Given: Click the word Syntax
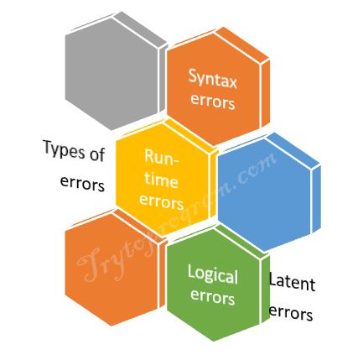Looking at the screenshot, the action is point(213,79).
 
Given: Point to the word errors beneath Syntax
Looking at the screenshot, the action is point(212,102).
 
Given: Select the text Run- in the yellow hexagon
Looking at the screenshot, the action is point(162,158).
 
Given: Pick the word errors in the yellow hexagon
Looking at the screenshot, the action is point(161,201).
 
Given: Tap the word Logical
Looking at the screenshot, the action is point(213,275).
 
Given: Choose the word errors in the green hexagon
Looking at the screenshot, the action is point(212,297).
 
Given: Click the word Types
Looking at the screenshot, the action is point(64,151).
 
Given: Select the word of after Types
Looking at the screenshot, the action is point(97,153).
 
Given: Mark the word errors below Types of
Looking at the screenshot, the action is point(82,184).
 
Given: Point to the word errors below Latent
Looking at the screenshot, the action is point(291,312).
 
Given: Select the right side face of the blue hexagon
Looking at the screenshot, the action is point(316,199).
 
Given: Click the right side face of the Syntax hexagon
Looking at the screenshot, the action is point(266,93).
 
